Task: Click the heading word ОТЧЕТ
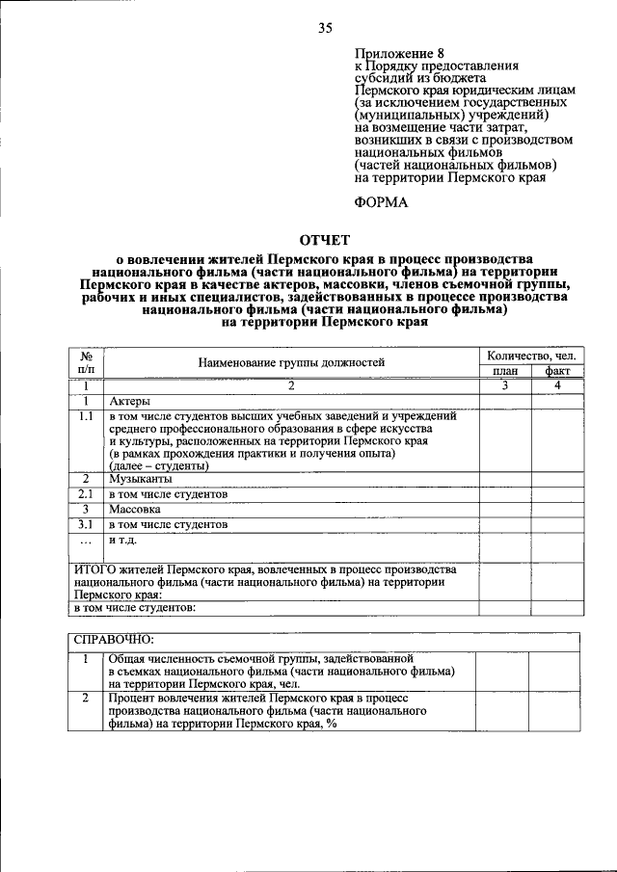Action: click(325, 240)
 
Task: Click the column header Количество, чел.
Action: click(530, 357)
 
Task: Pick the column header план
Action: click(504, 371)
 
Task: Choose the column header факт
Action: click(557, 371)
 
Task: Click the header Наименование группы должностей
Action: click(291, 363)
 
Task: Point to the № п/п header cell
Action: click(86, 363)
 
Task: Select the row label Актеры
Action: click(129, 401)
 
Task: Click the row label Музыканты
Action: click(141, 478)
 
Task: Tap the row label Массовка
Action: click(134, 509)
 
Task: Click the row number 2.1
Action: click(86, 493)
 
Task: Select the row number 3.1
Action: click(86, 524)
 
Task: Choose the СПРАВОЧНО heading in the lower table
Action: click(114, 639)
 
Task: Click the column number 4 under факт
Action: click(557, 385)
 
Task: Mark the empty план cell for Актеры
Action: click(504, 401)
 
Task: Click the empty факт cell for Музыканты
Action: click(557, 478)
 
